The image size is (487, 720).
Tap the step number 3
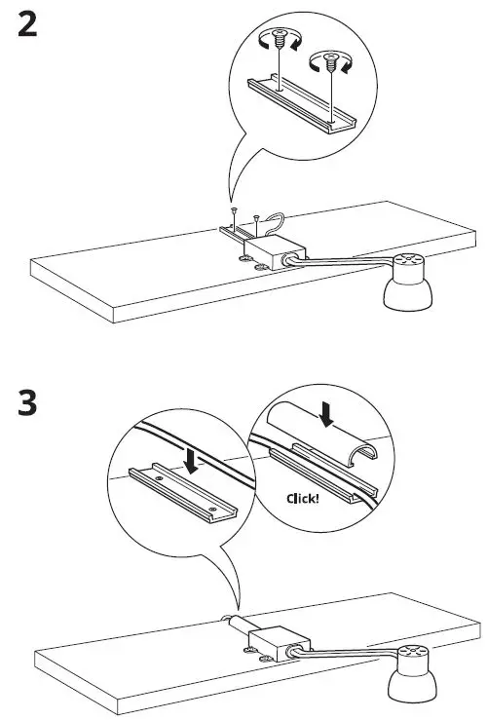pos(29,403)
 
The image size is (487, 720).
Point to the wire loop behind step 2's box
pos(278,223)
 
